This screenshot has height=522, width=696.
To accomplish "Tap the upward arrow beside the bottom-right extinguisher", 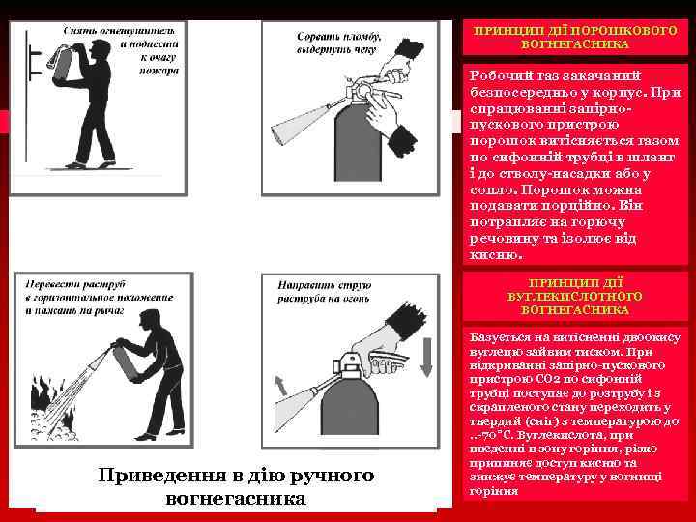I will point(281,387).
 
